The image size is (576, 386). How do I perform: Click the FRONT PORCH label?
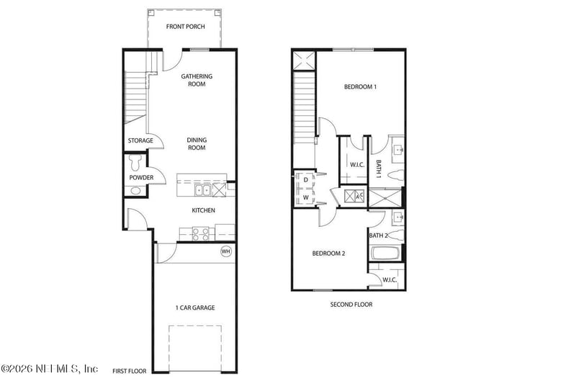point(186,27)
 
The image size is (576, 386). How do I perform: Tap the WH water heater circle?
point(226,251)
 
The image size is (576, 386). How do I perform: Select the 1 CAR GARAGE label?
point(195,308)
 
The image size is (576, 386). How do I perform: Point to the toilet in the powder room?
point(135,162)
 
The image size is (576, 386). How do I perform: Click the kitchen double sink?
point(202,190)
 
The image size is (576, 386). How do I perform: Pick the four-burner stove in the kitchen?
point(201,234)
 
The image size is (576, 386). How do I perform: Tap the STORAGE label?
point(140,140)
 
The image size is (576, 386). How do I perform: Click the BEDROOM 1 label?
point(361,86)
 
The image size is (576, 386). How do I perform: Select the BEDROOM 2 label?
point(329,253)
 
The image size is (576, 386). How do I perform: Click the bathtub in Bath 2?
point(385,253)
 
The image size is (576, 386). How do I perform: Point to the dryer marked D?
point(305,180)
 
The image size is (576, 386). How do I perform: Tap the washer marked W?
point(305,197)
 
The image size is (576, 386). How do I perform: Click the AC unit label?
point(359,196)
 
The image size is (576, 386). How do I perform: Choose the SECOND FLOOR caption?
point(351,305)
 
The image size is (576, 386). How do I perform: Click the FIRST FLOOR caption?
point(130,371)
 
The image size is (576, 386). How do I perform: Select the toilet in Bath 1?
point(397,175)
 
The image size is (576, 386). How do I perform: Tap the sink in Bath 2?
point(398,217)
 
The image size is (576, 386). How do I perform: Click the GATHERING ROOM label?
point(197,80)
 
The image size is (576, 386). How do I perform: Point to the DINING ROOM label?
point(197,143)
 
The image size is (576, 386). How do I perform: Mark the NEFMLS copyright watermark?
point(50,368)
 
